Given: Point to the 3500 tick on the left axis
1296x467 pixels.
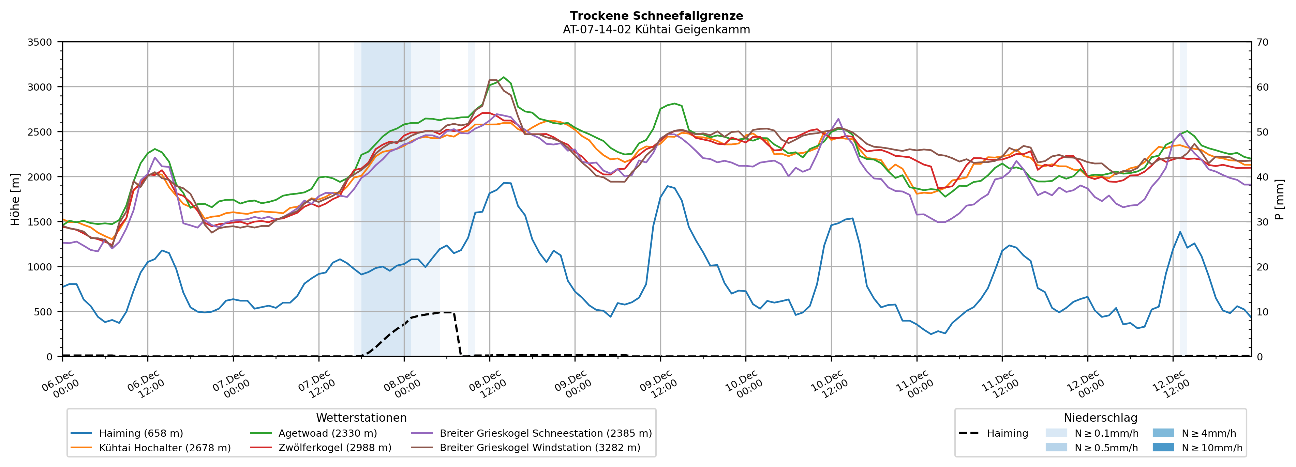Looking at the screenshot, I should pyautogui.click(x=40, y=42).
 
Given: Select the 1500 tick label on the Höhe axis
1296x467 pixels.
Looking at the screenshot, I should pyautogui.click(x=40, y=222).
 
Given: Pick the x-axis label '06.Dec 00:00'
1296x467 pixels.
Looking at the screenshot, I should pyautogui.click(x=60, y=385).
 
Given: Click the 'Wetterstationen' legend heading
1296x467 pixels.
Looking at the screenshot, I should pyautogui.click(x=361, y=418).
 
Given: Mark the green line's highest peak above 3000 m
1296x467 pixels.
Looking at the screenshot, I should pyautogui.click(x=504, y=77).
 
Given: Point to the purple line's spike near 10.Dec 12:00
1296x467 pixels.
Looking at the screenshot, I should pyautogui.click(x=838, y=119).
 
